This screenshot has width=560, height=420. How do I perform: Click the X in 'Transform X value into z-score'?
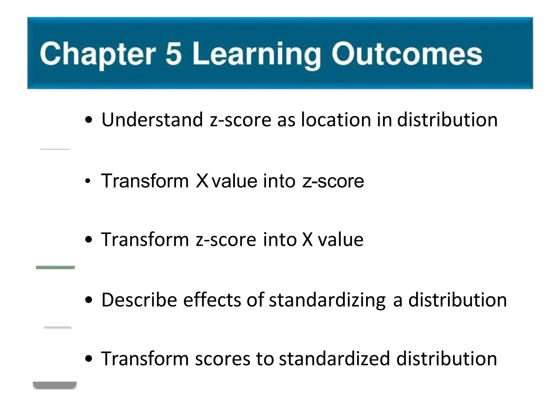(202, 181)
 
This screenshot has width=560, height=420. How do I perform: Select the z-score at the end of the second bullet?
(333, 181)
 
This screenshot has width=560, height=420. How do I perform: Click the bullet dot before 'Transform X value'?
(87, 181)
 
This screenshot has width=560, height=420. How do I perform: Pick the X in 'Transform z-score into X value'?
(307, 240)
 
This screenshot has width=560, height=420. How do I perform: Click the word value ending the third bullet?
(340, 240)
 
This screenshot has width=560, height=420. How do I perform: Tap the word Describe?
(139, 300)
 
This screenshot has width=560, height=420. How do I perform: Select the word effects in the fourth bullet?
(212, 300)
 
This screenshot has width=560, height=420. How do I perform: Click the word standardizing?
(327, 300)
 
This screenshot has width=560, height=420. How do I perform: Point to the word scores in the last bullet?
(223, 359)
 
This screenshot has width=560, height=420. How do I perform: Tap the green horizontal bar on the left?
(56, 267)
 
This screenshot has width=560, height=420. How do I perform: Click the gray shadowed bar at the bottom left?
(55, 385)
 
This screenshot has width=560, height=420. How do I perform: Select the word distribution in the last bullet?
(447, 359)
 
